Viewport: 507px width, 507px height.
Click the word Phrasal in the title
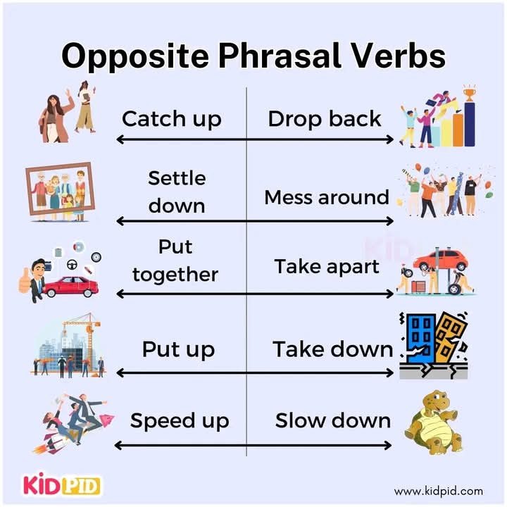(x=280, y=56)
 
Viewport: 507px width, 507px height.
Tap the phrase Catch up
(x=172, y=119)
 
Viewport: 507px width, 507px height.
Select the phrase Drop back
(x=325, y=119)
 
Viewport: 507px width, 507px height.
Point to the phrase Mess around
(x=327, y=197)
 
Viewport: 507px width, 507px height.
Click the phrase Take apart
(x=327, y=267)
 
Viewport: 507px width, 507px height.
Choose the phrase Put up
(x=178, y=350)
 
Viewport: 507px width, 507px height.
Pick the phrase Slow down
(x=333, y=420)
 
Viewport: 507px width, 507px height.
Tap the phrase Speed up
(x=180, y=421)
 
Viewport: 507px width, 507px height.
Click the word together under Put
(x=175, y=275)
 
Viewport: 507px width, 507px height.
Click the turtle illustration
(x=434, y=422)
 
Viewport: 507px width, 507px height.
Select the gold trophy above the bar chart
(x=469, y=93)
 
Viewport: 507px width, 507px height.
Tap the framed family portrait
(x=61, y=189)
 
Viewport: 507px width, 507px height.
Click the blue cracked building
(x=420, y=339)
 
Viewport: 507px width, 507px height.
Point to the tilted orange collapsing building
(x=449, y=337)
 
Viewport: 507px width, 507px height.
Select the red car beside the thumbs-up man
(x=71, y=287)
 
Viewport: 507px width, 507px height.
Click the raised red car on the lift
(x=441, y=261)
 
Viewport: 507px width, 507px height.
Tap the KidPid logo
(x=61, y=484)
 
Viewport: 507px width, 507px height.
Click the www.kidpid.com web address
(x=438, y=492)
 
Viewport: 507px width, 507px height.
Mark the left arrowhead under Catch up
(x=120, y=139)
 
